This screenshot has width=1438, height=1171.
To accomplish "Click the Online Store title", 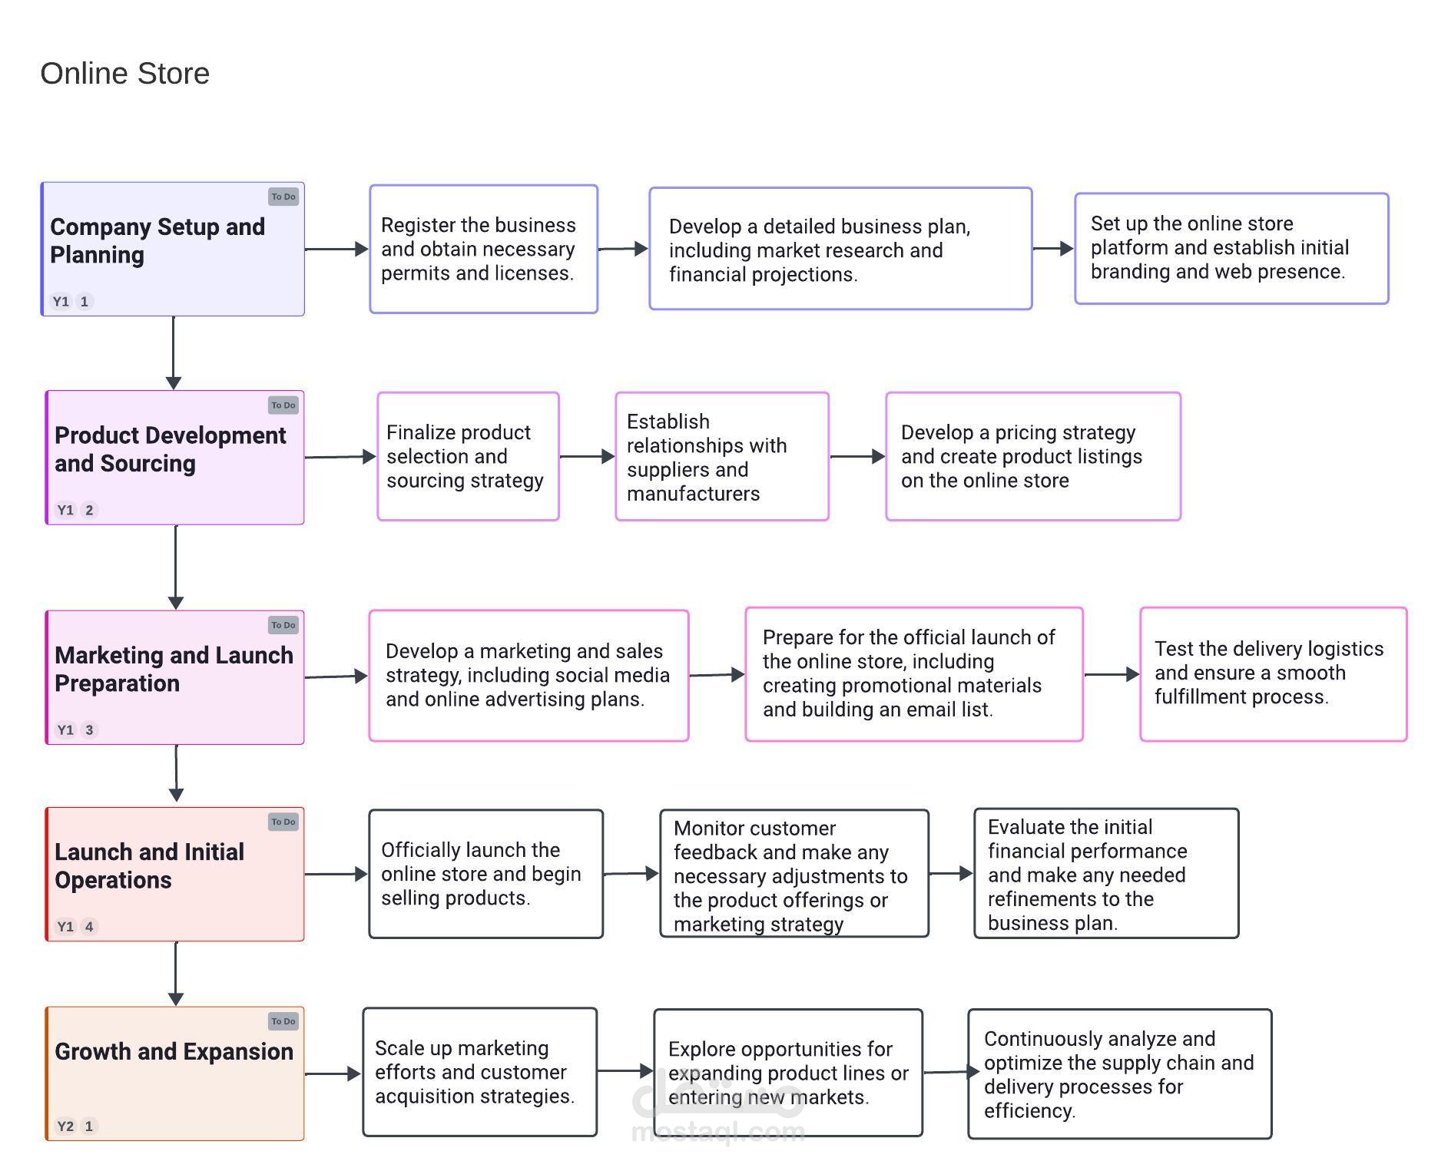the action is point(124,74).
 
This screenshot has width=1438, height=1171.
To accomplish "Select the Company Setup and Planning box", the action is point(173,249).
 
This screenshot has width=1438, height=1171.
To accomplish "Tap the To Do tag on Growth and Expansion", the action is point(283,1021).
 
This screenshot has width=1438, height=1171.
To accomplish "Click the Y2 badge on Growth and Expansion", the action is point(65,1126).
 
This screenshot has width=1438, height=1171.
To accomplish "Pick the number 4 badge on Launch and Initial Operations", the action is point(89,926).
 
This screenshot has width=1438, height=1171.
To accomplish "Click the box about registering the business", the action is point(483,249).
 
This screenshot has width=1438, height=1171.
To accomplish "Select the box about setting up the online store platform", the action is point(1231,248).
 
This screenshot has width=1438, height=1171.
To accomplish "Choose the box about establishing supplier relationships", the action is point(722,456).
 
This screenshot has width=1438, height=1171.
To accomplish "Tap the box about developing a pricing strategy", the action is point(1033,456).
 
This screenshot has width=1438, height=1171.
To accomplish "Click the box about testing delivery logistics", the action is point(1274,674).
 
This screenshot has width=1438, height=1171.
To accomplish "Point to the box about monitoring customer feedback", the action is point(794,873).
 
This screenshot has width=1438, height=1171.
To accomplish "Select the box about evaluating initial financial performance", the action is point(1106,873).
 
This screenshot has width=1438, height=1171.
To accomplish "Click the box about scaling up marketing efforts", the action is point(480,1072).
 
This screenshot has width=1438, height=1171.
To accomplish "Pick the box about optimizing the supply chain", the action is point(1120,1073).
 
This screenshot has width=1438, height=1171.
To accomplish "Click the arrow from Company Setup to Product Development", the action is point(174,352).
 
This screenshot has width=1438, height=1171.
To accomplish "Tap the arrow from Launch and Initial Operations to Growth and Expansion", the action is point(176,974).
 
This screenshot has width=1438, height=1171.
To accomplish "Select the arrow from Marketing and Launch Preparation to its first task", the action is point(336,676).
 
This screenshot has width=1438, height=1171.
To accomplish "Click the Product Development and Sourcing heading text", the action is point(170,449).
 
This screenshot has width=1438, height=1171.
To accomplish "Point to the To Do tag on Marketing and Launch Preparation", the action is point(283,625).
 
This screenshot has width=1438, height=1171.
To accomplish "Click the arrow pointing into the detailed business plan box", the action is point(623,249).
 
